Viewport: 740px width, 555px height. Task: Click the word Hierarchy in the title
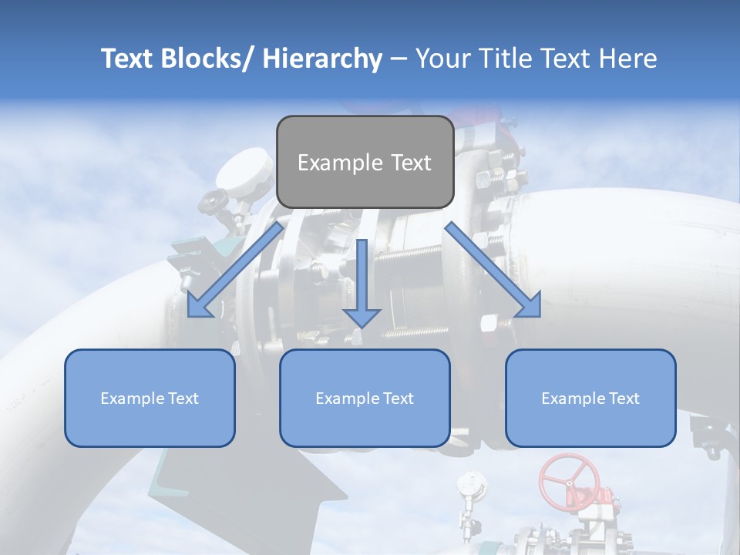coord(322,59)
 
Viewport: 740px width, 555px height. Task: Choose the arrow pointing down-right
coord(493,271)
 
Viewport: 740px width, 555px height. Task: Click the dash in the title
coord(399,59)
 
